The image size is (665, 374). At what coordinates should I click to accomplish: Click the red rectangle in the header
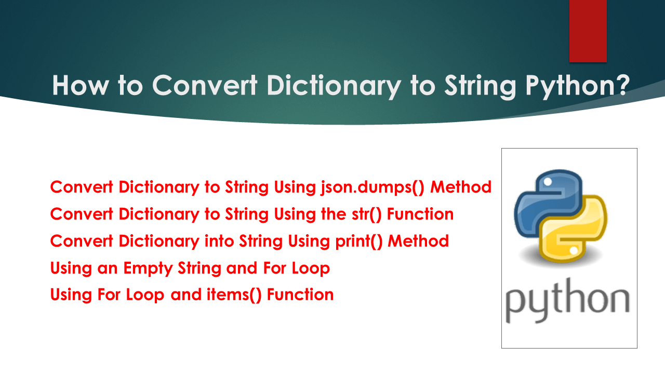pyautogui.click(x=588, y=31)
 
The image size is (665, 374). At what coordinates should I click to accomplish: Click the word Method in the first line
pyautogui.click(x=461, y=187)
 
